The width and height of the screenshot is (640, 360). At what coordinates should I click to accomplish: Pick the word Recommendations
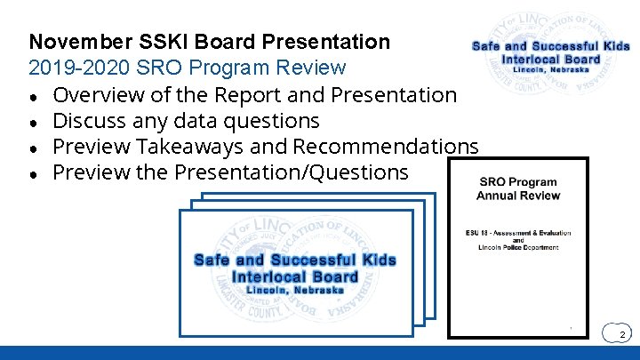[x=386, y=146]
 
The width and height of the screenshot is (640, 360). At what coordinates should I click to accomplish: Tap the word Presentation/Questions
[x=292, y=172]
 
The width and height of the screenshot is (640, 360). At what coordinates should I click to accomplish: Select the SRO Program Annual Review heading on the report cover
[x=518, y=188]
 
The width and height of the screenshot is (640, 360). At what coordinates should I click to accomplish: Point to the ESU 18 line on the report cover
[x=518, y=233]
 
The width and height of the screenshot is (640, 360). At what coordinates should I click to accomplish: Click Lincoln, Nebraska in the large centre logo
[x=294, y=291]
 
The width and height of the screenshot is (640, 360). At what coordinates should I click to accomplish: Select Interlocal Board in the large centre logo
[x=294, y=276]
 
